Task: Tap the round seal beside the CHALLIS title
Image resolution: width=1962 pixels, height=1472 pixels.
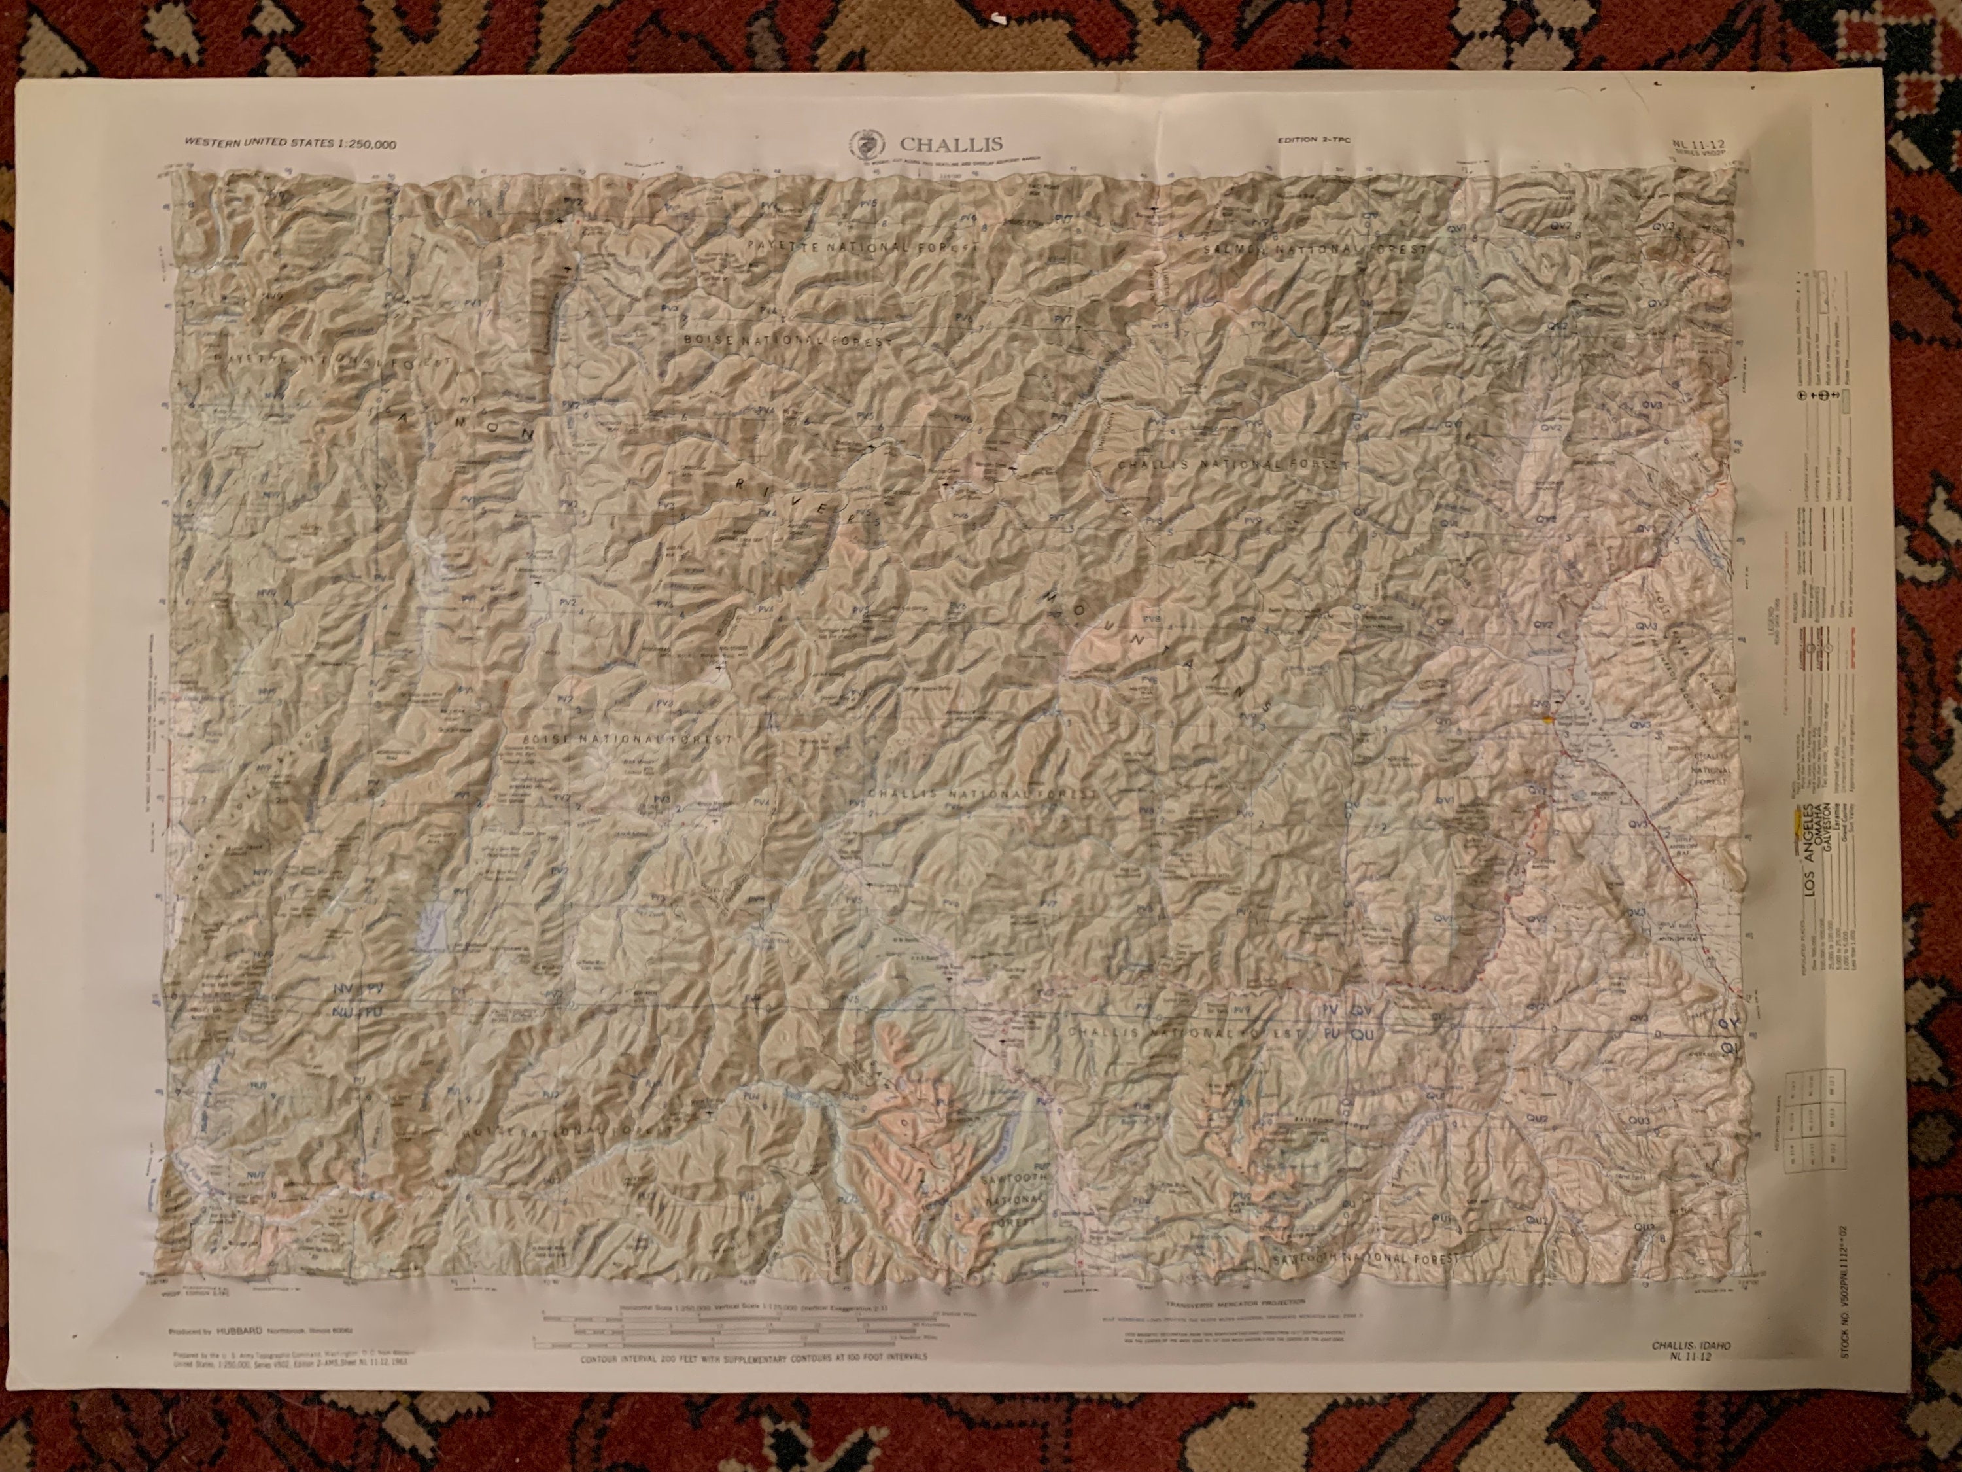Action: (x=861, y=143)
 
